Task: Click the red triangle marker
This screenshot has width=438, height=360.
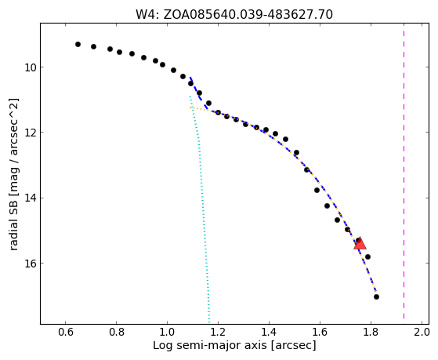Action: pos(360,243)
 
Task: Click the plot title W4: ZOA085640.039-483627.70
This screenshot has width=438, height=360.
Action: pos(234,15)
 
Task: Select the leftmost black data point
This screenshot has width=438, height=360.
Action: pos(78,44)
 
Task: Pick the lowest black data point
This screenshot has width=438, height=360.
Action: pos(376,296)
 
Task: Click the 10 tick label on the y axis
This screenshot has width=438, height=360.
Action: pos(30,67)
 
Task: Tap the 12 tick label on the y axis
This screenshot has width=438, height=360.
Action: pos(30,133)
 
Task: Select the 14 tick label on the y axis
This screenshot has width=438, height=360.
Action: pos(30,198)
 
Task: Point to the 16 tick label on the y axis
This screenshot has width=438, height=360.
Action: pos(30,264)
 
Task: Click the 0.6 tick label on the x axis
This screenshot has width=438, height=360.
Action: pos(65,332)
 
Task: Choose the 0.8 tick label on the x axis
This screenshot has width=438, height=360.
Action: pos(117,332)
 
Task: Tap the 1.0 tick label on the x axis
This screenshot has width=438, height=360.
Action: pos(167,332)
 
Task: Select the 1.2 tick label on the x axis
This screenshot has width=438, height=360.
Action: pos(218,332)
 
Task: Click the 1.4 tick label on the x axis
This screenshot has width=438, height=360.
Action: pos(269,332)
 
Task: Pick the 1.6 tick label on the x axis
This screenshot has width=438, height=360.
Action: pos(320,332)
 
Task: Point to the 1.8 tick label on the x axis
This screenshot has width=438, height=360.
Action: pos(371,332)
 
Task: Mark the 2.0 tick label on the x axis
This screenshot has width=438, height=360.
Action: pos(422,332)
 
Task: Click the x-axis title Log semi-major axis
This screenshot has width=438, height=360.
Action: pos(210,346)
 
